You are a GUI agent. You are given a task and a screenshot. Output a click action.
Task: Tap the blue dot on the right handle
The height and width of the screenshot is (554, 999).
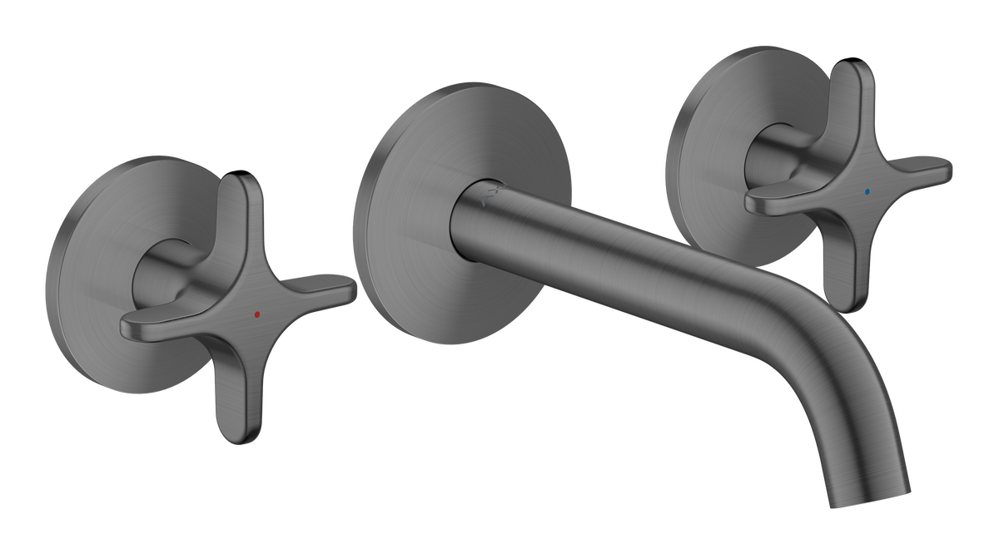[x=869, y=190]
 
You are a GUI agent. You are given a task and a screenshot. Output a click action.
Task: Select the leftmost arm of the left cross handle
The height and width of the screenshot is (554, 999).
[x=150, y=319]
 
